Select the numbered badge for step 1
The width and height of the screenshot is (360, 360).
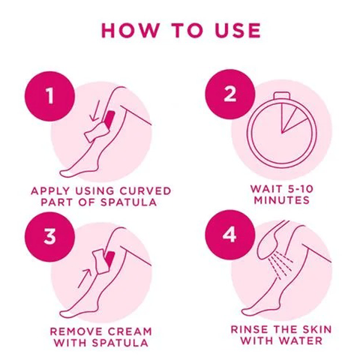49,96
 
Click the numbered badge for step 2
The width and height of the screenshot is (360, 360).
230,94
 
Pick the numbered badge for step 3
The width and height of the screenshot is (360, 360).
49,237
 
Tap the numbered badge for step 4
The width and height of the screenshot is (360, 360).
230,235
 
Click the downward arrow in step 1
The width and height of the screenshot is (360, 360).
95,111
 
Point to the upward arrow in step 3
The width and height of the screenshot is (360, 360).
85,278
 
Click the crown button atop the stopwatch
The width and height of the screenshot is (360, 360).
281,96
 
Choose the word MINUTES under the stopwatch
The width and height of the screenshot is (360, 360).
282,200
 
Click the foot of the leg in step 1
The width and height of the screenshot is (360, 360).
75,170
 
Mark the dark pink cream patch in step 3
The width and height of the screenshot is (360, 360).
110,259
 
